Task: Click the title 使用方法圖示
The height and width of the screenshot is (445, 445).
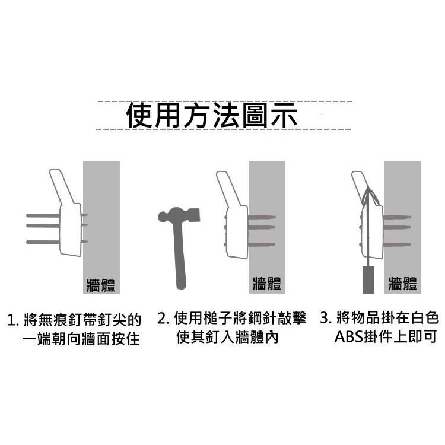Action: tap(212, 115)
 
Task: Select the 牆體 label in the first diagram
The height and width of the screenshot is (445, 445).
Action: tap(101, 285)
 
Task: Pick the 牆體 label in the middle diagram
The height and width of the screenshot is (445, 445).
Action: tap(267, 283)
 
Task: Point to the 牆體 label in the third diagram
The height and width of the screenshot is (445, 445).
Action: tap(402, 283)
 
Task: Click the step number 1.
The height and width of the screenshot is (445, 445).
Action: tap(12, 320)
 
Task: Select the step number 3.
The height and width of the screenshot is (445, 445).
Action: tap(326, 318)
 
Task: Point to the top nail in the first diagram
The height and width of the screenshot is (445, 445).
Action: tap(57, 215)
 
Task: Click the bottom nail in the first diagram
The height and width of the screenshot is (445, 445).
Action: tap(57, 242)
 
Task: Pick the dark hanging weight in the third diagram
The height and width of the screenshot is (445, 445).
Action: tap(368, 280)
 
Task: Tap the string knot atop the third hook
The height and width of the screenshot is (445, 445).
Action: tap(368, 188)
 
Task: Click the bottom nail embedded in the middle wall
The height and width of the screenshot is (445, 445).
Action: tap(262, 244)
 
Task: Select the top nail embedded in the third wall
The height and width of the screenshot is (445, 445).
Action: tap(397, 217)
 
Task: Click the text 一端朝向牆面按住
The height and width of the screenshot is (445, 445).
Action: tap(81, 339)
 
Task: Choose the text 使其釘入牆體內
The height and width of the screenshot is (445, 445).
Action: tap(227, 337)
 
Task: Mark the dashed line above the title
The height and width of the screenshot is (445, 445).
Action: tap(225, 101)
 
